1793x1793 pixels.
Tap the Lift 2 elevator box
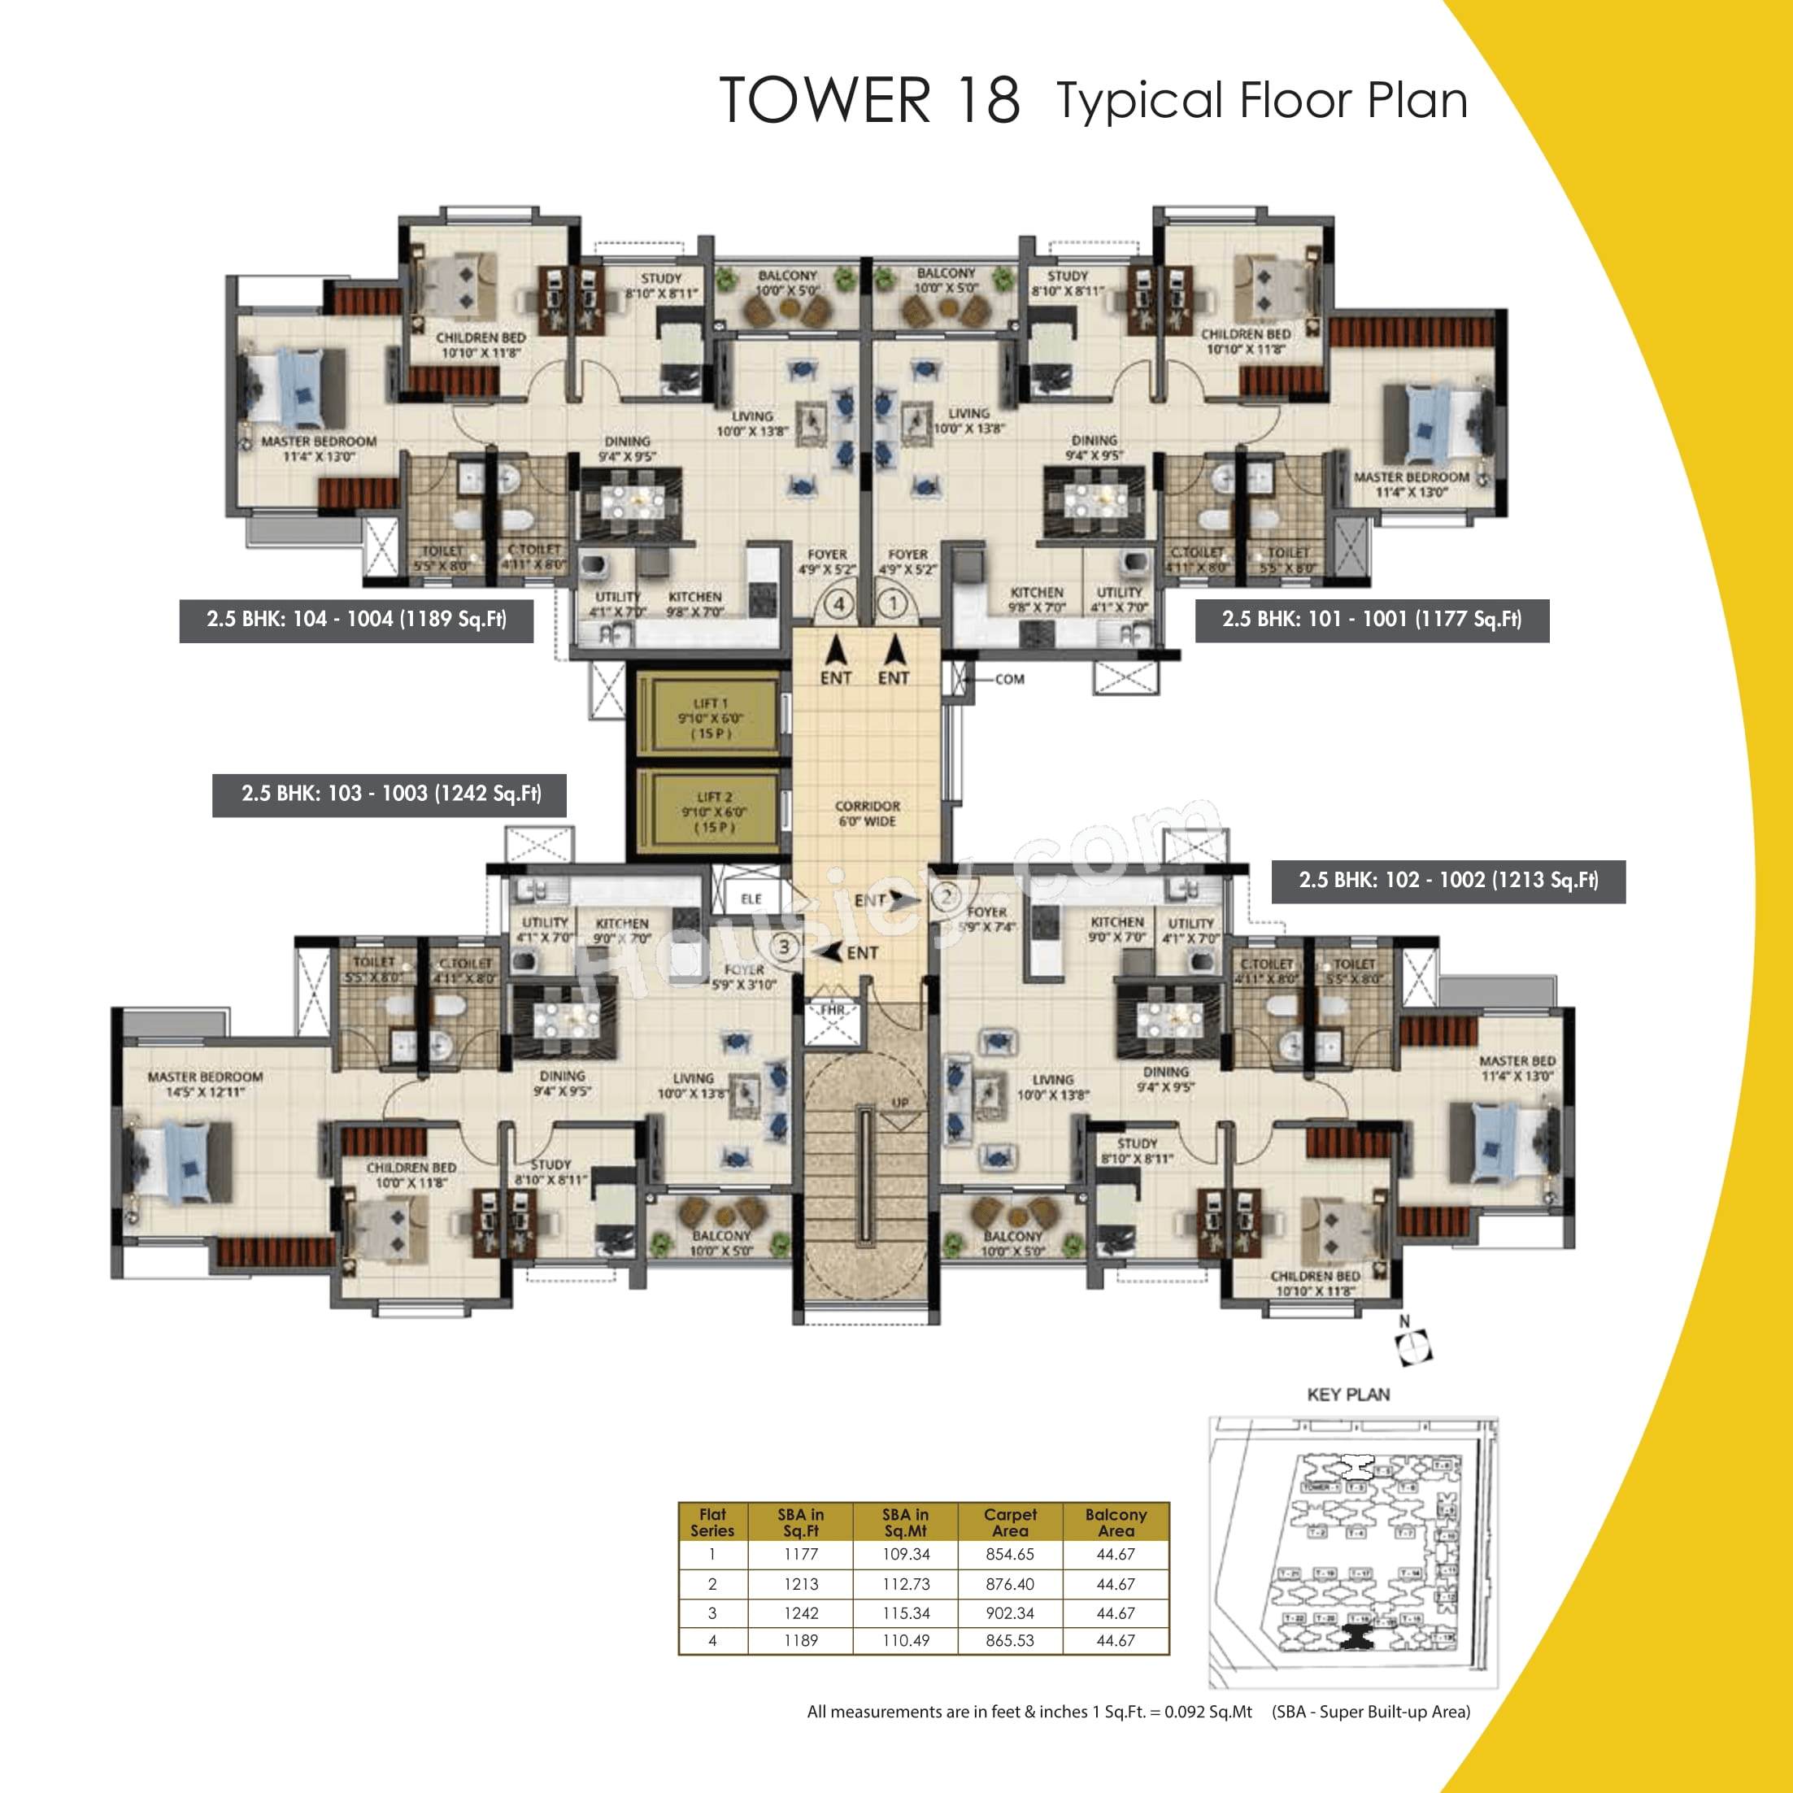[x=714, y=812]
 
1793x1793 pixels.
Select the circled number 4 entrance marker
[x=839, y=605]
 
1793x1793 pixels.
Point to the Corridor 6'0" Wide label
[x=867, y=813]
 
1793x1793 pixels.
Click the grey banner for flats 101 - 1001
[x=1372, y=620]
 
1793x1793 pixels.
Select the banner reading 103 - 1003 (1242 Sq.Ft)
[x=389, y=794]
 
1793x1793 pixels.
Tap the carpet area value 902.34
[x=1010, y=1613]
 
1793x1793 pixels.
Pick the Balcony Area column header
[x=1116, y=1522]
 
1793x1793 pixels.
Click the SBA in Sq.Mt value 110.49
[x=906, y=1641]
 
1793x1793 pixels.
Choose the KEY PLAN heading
[x=1347, y=1395]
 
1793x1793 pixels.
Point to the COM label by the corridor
[x=1010, y=679]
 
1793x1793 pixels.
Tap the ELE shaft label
[x=751, y=899]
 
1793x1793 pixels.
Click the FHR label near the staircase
[x=833, y=1010]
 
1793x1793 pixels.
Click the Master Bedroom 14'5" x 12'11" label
[x=205, y=1084]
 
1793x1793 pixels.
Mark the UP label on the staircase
[x=899, y=1103]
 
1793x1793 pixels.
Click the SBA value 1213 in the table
[x=800, y=1584]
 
